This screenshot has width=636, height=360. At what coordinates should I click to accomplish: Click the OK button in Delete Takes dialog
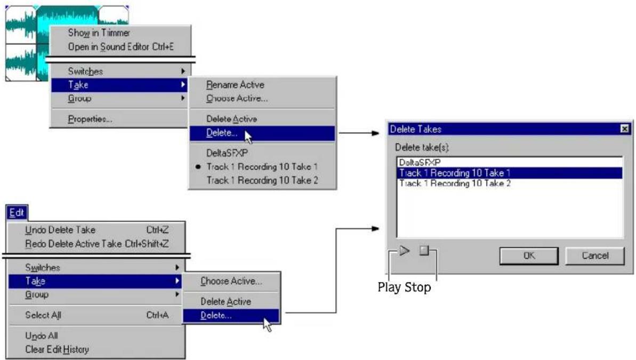(x=529, y=255)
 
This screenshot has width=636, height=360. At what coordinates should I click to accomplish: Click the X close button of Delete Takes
(x=625, y=129)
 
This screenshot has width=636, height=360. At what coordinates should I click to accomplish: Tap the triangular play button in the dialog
(x=405, y=251)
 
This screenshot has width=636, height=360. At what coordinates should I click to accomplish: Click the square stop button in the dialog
(x=424, y=251)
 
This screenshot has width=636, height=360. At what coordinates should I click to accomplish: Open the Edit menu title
(x=17, y=213)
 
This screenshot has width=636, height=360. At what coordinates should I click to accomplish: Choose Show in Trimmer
(x=99, y=33)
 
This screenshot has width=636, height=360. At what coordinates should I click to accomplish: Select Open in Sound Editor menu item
(x=121, y=47)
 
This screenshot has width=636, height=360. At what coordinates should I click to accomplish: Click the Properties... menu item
(x=90, y=119)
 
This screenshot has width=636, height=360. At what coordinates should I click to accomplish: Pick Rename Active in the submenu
(x=235, y=85)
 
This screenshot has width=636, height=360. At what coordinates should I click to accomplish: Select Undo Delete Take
(x=60, y=230)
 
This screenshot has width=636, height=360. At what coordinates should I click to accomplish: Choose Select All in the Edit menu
(x=43, y=315)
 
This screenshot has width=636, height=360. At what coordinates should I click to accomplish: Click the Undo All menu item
(x=42, y=336)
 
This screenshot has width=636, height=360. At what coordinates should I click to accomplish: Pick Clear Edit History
(x=57, y=349)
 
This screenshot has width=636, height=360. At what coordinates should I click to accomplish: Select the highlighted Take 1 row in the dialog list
(x=510, y=173)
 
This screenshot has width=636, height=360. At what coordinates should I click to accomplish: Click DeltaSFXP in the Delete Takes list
(x=420, y=162)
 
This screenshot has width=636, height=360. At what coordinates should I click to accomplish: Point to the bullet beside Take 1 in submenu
(x=198, y=167)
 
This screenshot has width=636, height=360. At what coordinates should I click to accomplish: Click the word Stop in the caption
(x=418, y=287)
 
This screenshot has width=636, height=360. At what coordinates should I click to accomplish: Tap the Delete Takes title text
(x=415, y=130)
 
